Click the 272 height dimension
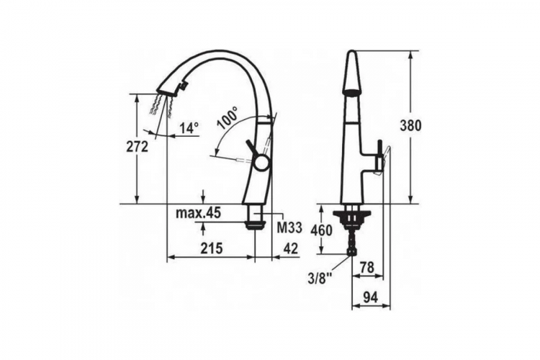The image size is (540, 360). click(x=137, y=147)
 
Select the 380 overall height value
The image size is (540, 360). click(x=410, y=126)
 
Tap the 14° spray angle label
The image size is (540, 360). click(x=189, y=128)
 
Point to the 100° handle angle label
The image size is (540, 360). click(x=228, y=118)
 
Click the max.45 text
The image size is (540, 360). click(x=198, y=214)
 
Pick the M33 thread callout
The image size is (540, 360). click(x=289, y=228)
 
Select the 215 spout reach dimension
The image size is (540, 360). click(x=212, y=248)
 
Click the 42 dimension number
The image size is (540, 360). click(x=291, y=248)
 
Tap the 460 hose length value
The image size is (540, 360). click(x=321, y=230)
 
